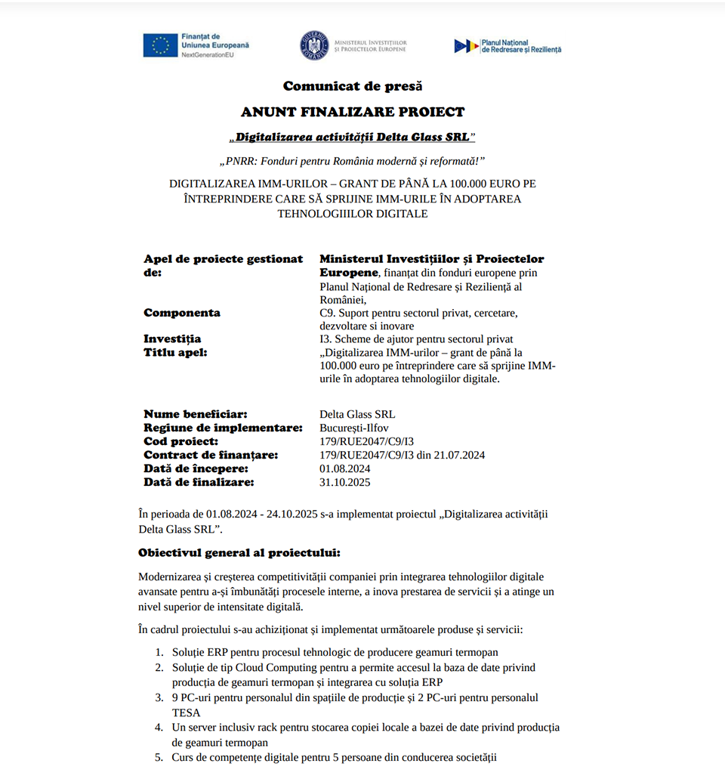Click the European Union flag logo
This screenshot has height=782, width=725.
tap(159, 45)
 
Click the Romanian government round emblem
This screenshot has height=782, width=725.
tap(314, 45)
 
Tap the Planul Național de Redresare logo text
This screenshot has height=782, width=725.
tap(521, 46)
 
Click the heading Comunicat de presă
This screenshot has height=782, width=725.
tap(353, 86)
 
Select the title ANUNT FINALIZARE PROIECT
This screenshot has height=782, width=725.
tap(353, 112)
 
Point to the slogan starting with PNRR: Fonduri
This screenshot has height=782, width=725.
tap(352, 161)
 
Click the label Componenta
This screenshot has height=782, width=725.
tap(182, 313)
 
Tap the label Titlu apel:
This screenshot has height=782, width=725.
tap(175, 352)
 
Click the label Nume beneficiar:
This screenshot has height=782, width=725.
tap(196, 414)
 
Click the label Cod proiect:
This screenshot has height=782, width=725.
tap(181, 441)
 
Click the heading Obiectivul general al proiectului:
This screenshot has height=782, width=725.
tap(239, 552)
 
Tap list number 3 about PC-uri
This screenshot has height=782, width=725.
tap(159, 698)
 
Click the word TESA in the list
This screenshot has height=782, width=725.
tap(186, 712)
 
